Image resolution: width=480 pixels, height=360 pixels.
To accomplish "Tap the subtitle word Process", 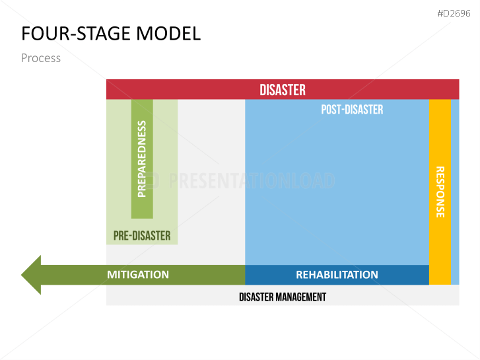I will point(40,58).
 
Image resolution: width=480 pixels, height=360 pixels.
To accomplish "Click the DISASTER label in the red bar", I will point(283,90).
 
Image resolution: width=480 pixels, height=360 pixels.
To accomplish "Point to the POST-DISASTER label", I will point(352,110).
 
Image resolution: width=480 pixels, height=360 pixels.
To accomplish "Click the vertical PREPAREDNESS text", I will point(142,159).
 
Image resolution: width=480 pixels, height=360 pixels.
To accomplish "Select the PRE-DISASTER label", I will point(142,236).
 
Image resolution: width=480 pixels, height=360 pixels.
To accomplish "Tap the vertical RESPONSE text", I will point(440,192).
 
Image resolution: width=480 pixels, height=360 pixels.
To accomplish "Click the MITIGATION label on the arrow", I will point(138,275).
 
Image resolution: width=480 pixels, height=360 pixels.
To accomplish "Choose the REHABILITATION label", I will point(337,275).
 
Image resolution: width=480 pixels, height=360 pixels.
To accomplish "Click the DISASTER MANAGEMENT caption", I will point(283,297).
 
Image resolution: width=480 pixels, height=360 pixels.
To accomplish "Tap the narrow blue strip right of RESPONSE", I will point(455,192).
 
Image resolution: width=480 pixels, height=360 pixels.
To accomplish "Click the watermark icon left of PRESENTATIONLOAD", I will point(153,180).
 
